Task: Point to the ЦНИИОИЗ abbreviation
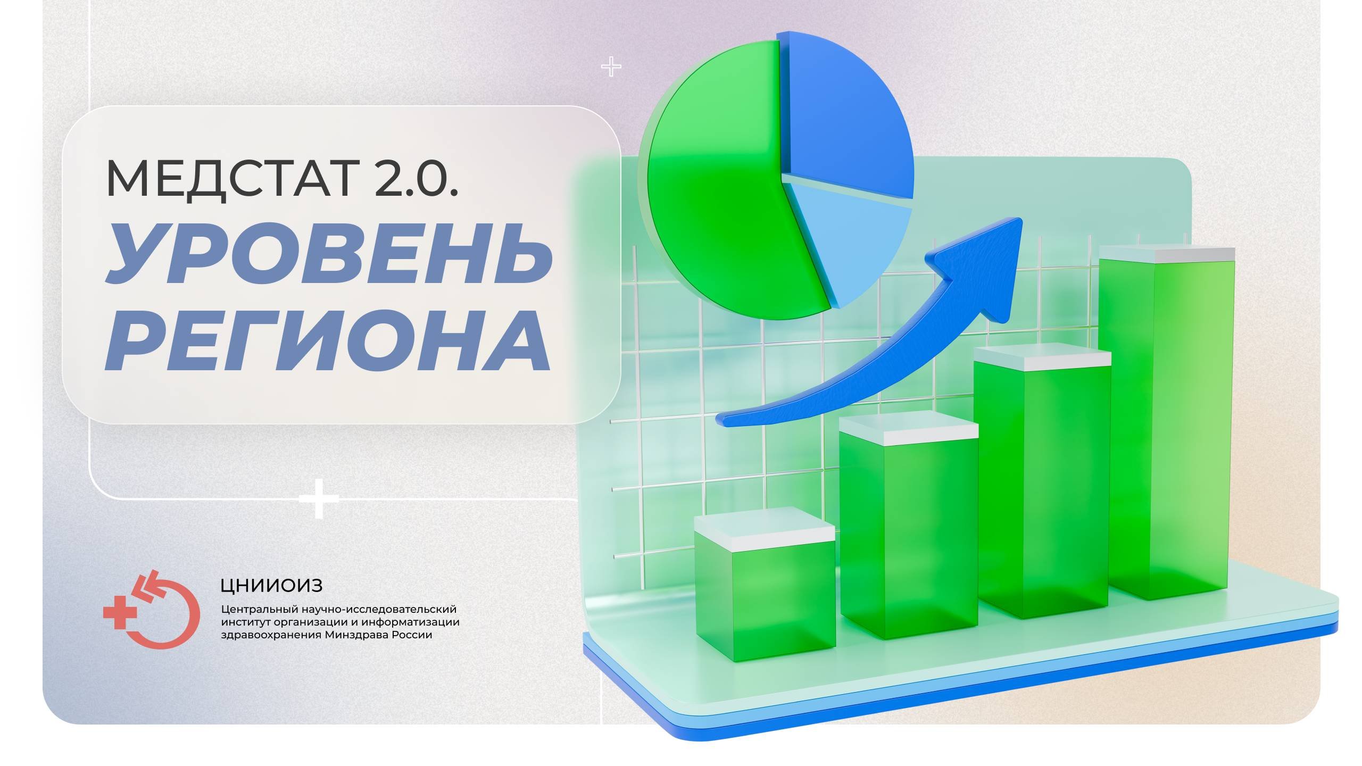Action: pos(271,586)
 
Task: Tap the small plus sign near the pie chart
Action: pos(611,68)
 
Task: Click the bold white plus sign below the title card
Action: pos(319,499)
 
